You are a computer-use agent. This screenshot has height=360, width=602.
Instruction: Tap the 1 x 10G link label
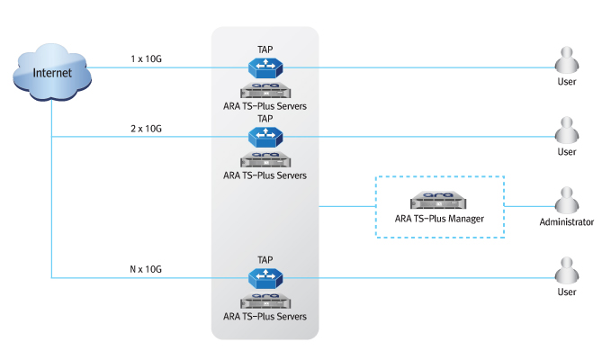pos(146,59)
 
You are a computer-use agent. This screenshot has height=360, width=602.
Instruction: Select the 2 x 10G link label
pos(146,129)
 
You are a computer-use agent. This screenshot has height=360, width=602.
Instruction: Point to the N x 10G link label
pos(146,270)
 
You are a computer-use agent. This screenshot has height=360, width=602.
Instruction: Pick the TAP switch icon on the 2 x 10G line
pos(265,136)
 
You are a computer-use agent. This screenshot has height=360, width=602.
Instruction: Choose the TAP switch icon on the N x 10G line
pos(265,277)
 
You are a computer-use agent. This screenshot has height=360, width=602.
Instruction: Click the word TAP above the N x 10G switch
pos(265,259)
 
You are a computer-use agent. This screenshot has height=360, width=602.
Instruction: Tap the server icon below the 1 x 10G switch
pos(265,90)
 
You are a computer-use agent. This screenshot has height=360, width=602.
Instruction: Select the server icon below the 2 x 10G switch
pos(265,159)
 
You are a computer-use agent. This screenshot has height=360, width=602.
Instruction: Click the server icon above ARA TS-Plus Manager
pos(438,201)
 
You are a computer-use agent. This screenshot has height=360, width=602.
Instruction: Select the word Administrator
pos(566,222)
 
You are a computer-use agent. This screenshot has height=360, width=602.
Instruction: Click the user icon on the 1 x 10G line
pos(566,61)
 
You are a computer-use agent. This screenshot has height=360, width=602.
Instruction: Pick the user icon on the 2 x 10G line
pos(566,130)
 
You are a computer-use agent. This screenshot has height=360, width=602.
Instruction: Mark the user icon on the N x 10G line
pos(566,271)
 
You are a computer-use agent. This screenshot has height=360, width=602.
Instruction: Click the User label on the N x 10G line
pos(566,292)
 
